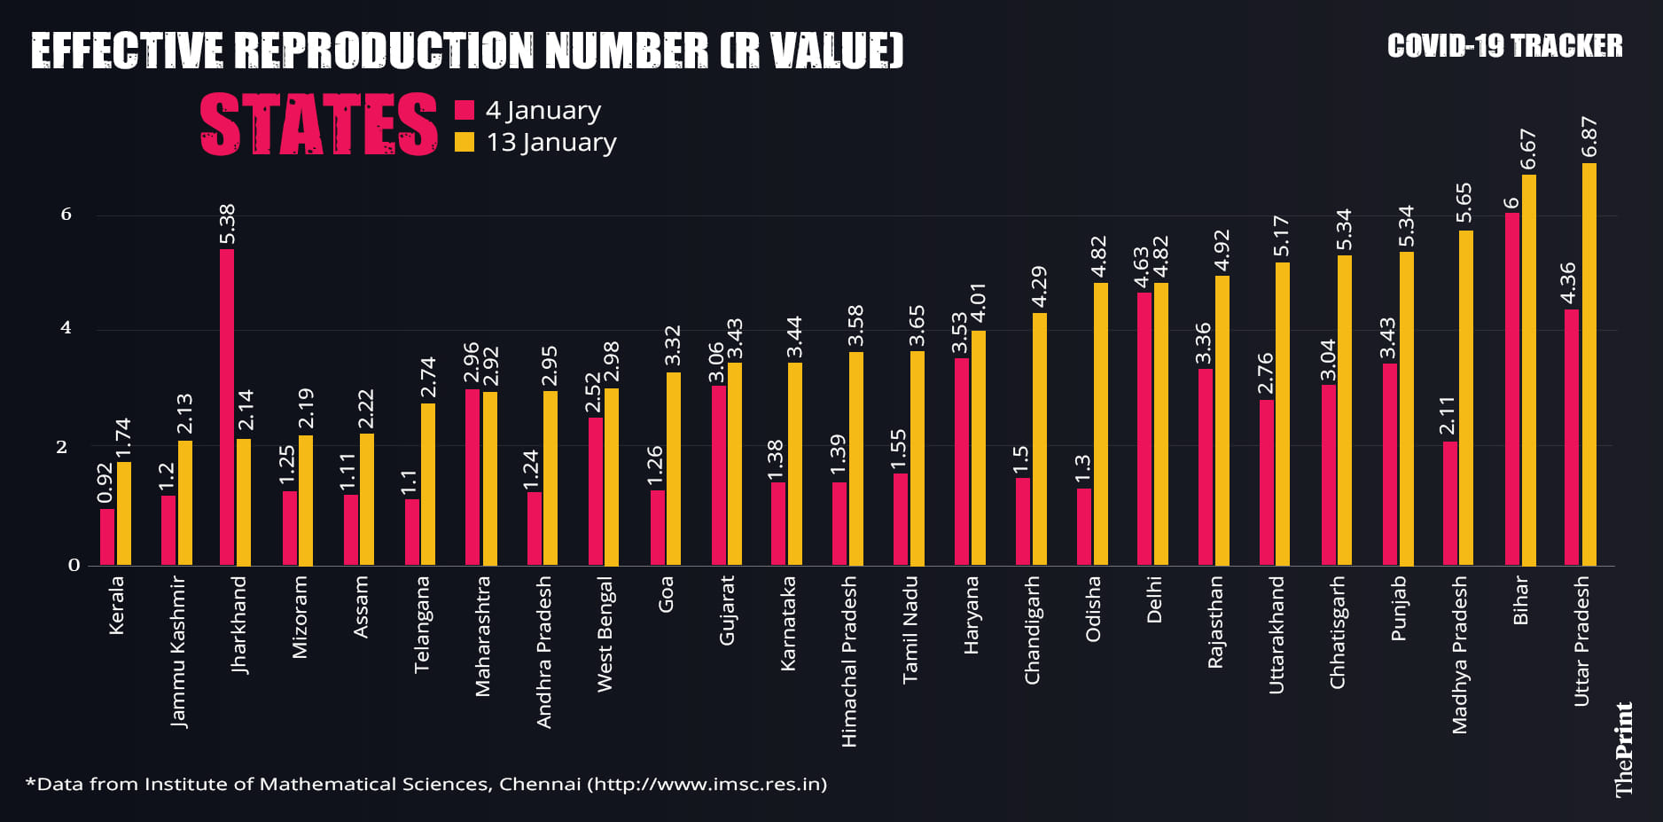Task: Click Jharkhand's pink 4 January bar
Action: pos(227,408)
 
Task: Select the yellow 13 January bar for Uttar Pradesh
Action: pos(1589,364)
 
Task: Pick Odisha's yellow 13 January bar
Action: pos(1101,424)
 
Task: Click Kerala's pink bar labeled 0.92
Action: pos(107,536)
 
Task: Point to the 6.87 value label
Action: pos(1589,137)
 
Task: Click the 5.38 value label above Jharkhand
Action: pos(228,224)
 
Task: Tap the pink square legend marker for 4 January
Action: pos(465,110)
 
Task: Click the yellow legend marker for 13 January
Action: pos(465,142)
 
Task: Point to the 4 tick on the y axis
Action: pos(66,328)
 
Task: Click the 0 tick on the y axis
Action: pos(74,565)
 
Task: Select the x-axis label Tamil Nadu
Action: pos(910,630)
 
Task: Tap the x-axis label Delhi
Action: pos(1154,600)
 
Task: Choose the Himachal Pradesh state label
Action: pos(849,662)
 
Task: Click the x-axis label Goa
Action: pos(666,594)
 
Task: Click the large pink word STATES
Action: pos(319,125)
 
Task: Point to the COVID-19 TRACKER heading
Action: pos(1504,46)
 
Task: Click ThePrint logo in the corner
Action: pos(1624,749)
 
